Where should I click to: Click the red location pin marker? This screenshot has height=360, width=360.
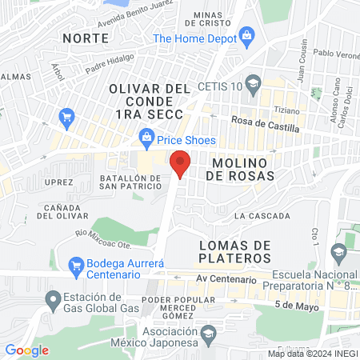coord(181,163)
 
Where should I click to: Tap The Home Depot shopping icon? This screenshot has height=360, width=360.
coord(246,34)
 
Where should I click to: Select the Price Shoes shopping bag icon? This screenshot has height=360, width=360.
coord(146,141)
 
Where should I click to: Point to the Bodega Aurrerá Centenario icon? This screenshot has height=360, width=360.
coord(76,264)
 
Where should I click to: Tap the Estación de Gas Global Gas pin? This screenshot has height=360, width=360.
coord(54,301)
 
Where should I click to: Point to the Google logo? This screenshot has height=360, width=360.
coord(26,350)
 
